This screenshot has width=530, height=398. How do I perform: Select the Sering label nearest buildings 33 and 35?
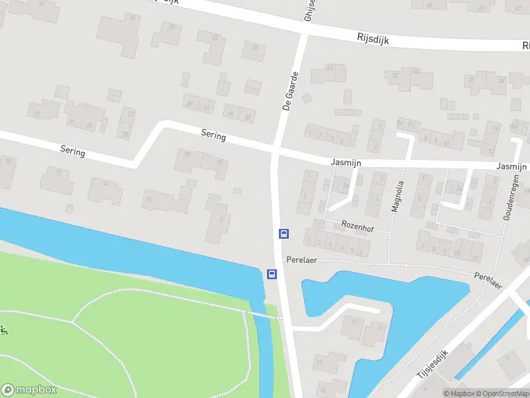[213, 135]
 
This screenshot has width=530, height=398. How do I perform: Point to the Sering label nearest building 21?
[72, 152]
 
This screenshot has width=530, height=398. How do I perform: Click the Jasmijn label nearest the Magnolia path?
[344, 161]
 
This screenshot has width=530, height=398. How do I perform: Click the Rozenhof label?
[358, 226]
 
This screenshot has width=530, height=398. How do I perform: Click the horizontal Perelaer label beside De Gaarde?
[299, 259]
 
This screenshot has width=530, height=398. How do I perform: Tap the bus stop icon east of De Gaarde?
[284, 233]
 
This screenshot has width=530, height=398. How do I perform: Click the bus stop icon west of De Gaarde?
[271, 274]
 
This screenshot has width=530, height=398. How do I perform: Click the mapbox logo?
[28, 389]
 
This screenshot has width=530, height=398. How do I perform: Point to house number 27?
[131, 114]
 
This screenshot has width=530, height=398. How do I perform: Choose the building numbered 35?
[248, 117]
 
